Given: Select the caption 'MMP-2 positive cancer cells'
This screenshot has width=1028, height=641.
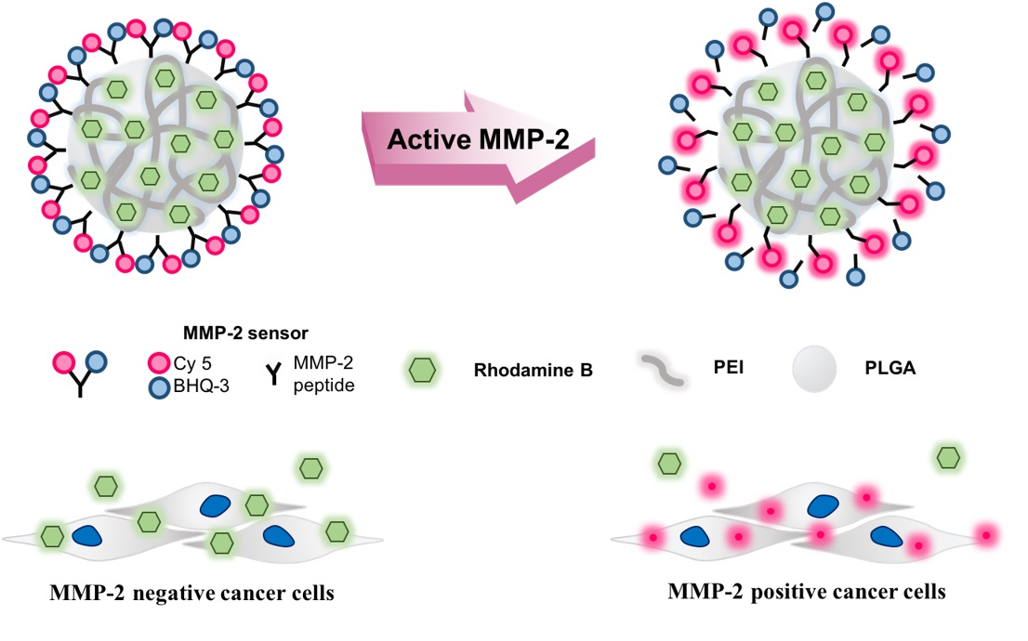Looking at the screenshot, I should [807, 591].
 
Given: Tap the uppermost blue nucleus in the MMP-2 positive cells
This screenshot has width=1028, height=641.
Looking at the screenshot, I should [823, 505].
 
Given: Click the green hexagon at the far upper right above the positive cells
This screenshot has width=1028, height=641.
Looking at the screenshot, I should [949, 457].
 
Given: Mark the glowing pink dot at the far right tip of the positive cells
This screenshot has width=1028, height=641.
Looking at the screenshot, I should [987, 534].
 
